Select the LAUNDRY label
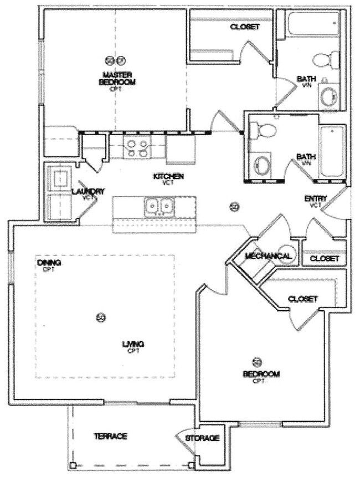point(88,192)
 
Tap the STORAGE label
point(202,438)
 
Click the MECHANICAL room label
point(268,256)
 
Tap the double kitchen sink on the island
point(158,207)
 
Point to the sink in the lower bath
point(261,166)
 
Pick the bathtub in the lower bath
point(332,151)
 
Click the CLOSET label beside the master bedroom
point(244,27)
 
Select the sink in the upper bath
point(328,96)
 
